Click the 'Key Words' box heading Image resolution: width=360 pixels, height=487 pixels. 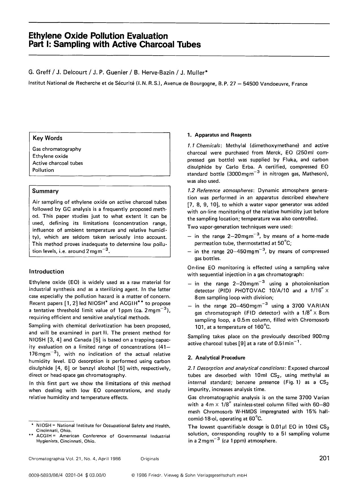[x=47, y=138]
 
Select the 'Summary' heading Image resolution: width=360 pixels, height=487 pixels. [x=45, y=191]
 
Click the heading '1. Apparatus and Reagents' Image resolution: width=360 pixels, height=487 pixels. [x=219, y=135]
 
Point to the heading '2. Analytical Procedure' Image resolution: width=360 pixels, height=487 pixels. [x=216, y=357]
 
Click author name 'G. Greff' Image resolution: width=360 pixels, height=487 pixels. [x=39, y=73]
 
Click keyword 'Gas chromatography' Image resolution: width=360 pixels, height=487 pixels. [x=57, y=149]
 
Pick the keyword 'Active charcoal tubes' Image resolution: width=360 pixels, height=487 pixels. [x=58, y=163]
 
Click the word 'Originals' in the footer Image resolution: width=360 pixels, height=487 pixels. [x=150, y=459]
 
